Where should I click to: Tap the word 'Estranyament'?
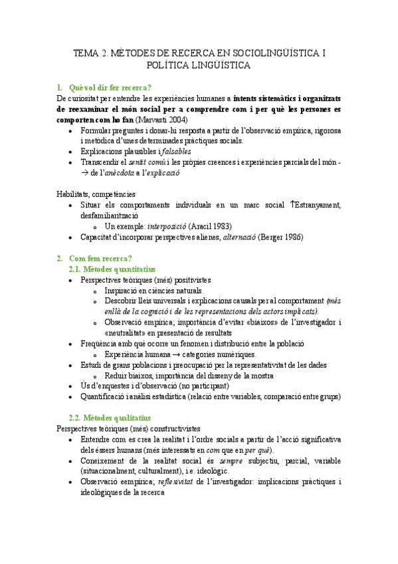pos(318,205)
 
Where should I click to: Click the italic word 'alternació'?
pos(243,237)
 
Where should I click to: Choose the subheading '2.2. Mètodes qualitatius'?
pos(110,418)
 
